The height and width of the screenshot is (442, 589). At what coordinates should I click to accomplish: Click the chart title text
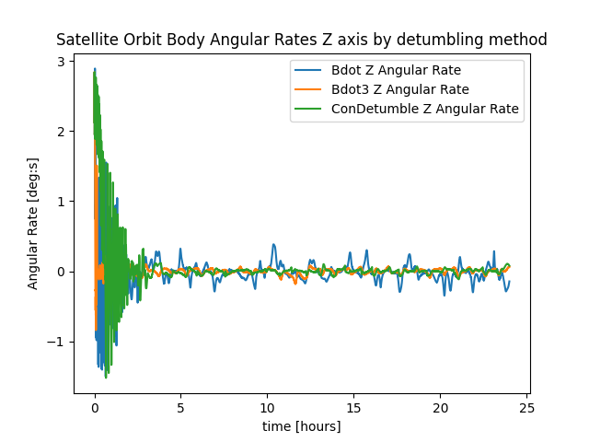tap(302, 40)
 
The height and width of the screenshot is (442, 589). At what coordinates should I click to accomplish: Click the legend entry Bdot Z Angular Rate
tap(396, 70)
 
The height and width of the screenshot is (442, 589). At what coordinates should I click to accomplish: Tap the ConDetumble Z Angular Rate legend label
tap(424, 109)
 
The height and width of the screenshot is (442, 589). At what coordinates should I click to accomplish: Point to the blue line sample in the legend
tap(308, 70)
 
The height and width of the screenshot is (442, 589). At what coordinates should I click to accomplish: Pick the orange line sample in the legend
tap(308, 89)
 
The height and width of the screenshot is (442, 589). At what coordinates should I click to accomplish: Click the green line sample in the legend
tap(308, 109)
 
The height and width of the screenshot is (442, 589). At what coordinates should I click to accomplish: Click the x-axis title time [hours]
tap(302, 426)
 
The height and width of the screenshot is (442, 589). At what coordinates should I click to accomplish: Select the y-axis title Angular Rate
tap(33, 227)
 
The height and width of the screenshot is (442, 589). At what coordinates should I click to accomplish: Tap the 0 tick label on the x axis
tap(95, 408)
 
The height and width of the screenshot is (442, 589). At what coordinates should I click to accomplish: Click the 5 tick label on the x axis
tap(181, 408)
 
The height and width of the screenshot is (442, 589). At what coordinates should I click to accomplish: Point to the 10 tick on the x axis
tap(268, 408)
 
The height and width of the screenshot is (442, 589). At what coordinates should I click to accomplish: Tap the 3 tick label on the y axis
tap(63, 62)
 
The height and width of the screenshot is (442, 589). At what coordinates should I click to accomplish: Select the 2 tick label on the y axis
tap(63, 132)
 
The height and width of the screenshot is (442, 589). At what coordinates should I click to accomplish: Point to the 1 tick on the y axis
tap(63, 202)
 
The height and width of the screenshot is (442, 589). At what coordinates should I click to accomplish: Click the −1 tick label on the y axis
tap(59, 342)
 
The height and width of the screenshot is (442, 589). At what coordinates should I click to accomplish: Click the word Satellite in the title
tap(84, 40)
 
